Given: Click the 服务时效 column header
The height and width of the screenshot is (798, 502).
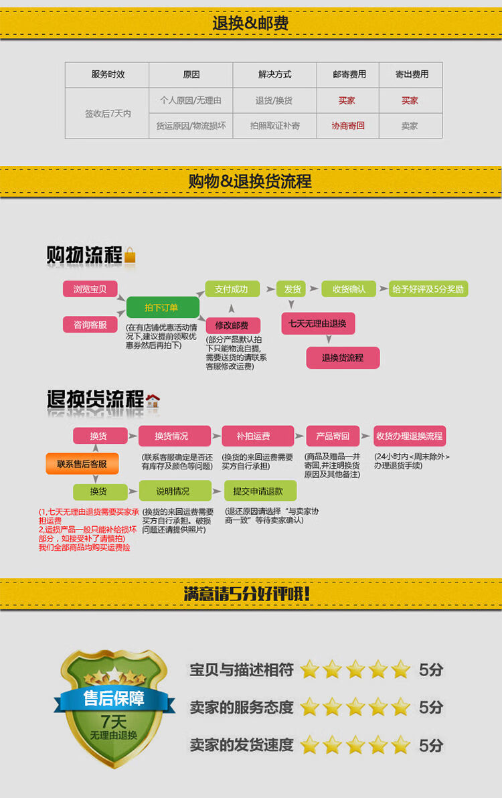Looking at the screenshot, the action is click(108, 74).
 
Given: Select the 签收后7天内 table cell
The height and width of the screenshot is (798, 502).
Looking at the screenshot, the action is click(108, 113).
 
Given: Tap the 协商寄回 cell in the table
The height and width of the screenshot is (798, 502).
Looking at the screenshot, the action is click(348, 126).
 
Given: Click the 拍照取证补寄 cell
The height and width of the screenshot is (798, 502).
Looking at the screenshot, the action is click(275, 126).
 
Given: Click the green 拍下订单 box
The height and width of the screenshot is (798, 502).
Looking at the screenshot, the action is click(163, 307).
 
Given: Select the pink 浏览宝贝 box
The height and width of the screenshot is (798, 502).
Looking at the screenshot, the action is click(90, 289).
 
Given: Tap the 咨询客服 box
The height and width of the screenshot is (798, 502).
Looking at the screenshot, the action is click(90, 325).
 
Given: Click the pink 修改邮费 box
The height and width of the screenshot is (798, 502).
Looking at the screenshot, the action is click(232, 326).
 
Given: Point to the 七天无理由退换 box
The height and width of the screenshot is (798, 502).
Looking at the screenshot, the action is click(317, 323).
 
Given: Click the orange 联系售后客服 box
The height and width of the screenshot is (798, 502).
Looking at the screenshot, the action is click(82, 464).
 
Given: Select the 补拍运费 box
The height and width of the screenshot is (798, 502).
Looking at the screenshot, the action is click(258, 436).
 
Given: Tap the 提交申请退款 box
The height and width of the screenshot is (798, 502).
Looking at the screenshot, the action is click(258, 491).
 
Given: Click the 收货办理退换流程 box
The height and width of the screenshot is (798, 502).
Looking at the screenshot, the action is click(410, 436).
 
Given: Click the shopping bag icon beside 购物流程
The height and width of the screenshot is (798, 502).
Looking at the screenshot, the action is click(130, 256).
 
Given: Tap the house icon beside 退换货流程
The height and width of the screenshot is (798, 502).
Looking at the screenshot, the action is click(153, 401).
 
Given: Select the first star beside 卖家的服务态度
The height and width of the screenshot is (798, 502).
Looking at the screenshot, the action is click(309, 707).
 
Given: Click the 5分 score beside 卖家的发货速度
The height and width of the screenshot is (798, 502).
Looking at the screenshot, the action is click(431, 745).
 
